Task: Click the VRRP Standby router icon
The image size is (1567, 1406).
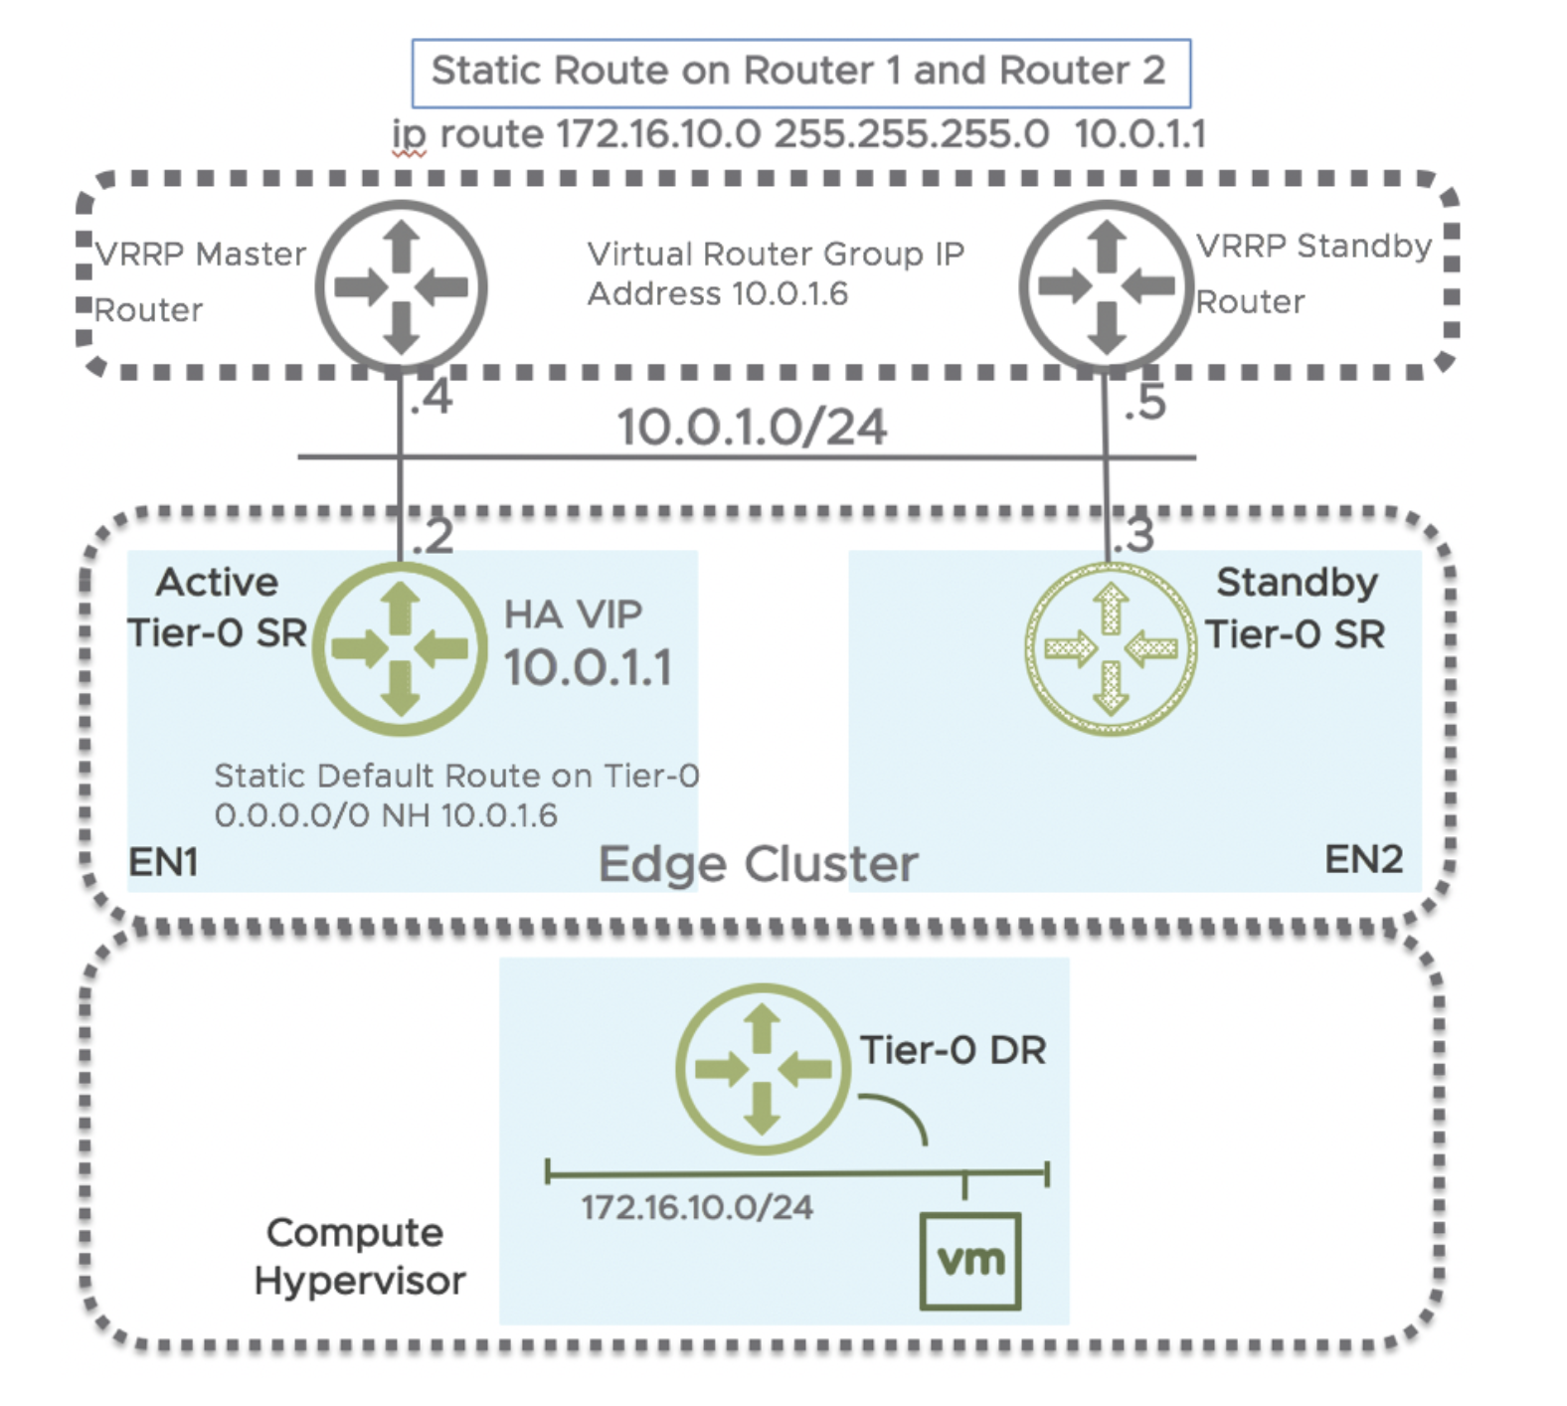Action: pyautogui.click(x=1106, y=287)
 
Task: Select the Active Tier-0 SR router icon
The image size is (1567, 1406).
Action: pyautogui.click(x=400, y=649)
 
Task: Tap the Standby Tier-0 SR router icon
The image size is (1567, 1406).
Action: pyautogui.click(x=1111, y=649)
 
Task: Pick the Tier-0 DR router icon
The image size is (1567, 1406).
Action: pyautogui.click(x=763, y=1069)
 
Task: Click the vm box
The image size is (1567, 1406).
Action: pyautogui.click(x=970, y=1261)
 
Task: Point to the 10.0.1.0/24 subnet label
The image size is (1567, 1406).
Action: pyautogui.click(x=752, y=428)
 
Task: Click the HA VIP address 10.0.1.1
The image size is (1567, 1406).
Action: pyautogui.click(x=588, y=667)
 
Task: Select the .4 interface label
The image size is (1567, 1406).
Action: pyautogui.click(x=432, y=399)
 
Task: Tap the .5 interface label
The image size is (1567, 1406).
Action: pyautogui.click(x=1144, y=403)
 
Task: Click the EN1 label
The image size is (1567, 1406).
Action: pyautogui.click(x=164, y=862)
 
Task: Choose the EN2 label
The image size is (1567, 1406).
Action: pyautogui.click(x=1363, y=859)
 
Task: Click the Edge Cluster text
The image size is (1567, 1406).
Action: pyautogui.click(x=758, y=864)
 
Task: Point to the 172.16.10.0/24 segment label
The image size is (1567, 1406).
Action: pyautogui.click(x=697, y=1208)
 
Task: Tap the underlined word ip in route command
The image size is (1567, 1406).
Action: pyautogui.click(x=409, y=136)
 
